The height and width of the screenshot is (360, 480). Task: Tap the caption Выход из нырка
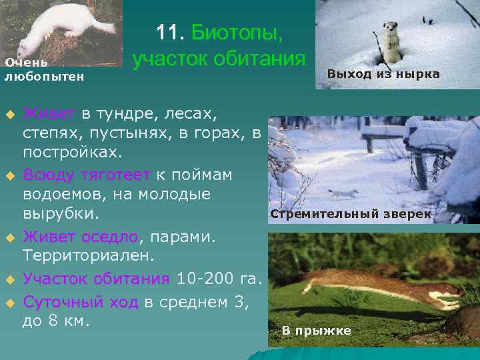[x=383, y=74]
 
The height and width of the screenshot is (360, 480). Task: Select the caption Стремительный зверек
[x=350, y=215]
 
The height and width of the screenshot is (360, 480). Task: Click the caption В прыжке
[x=315, y=331]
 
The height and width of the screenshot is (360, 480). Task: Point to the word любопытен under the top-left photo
[x=44, y=77]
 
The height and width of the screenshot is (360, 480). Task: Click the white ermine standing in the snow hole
[x=387, y=37]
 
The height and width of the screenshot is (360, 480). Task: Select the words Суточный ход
[x=81, y=301]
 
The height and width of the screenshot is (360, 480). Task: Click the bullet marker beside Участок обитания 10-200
[x=10, y=279]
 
